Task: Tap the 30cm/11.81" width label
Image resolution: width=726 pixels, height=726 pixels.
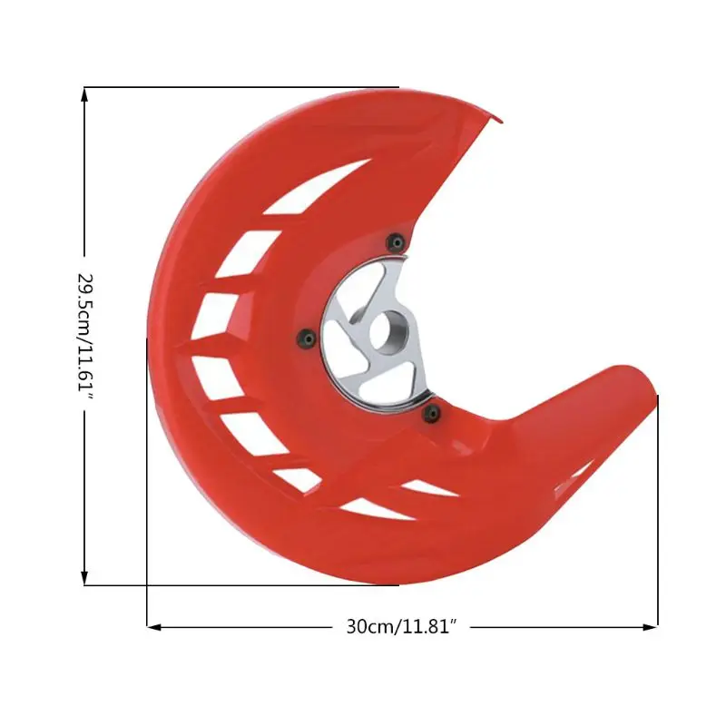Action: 400,626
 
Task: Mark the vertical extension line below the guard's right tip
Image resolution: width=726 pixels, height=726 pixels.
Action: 657,508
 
